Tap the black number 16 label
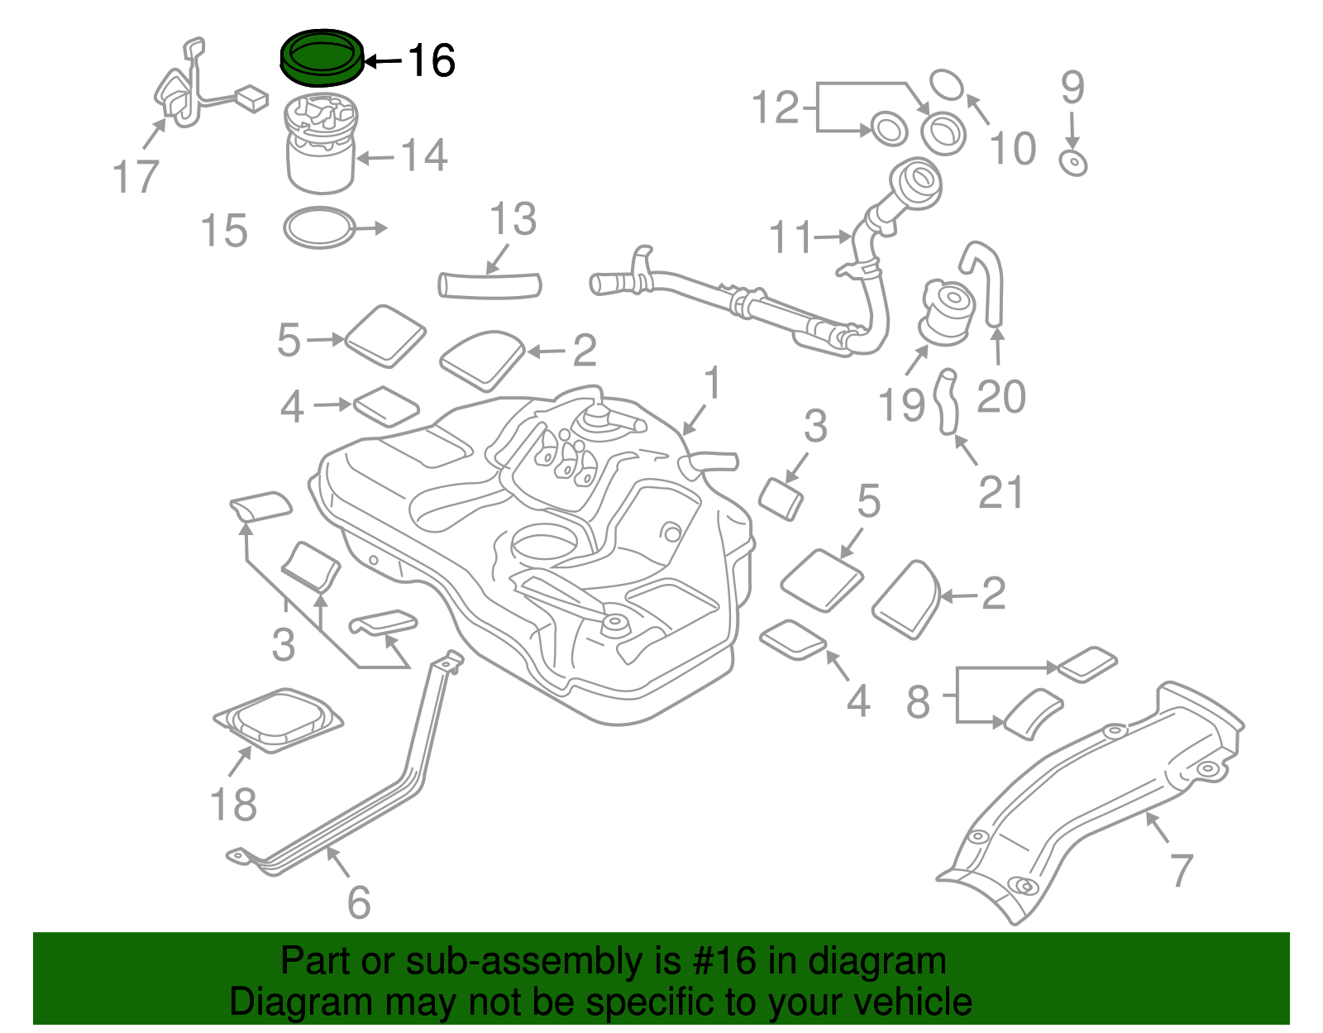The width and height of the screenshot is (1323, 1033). (431, 60)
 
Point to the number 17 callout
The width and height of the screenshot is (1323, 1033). (136, 177)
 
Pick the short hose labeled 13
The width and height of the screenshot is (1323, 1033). (489, 285)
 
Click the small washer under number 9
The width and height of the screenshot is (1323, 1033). (1073, 163)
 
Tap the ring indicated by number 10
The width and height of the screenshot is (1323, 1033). (947, 84)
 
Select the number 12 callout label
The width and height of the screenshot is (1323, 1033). (775, 108)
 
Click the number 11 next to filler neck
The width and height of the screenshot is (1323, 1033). (791, 237)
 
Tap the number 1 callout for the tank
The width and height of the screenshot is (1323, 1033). (712, 385)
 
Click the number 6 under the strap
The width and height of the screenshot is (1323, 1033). (358, 901)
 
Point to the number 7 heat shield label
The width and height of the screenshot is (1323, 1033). (1181, 870)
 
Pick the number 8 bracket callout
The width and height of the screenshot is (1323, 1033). (919, 701)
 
